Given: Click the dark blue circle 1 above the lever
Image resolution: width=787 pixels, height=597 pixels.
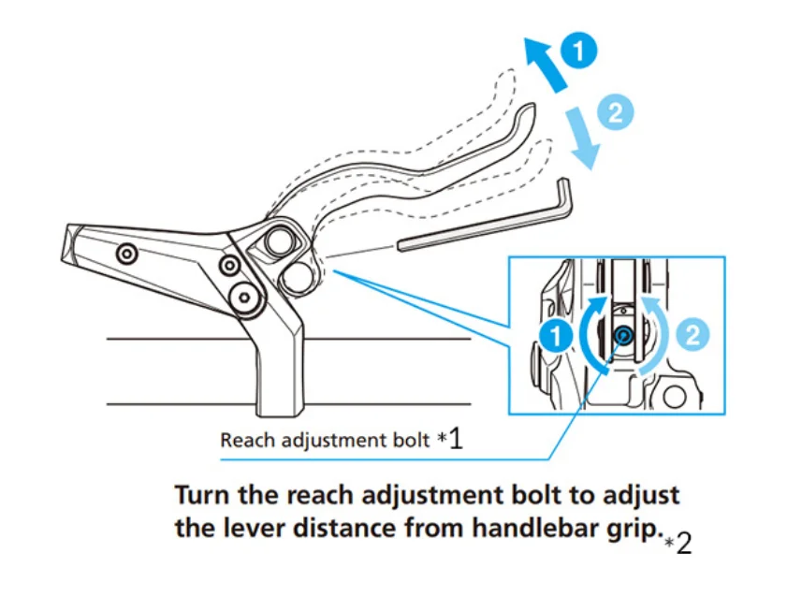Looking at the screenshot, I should [x=580, y=51].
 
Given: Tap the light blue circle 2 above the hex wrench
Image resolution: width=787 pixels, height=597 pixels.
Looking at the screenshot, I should [x=615, y=114].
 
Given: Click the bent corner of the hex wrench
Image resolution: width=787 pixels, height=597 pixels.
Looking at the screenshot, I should [x=564, y=187].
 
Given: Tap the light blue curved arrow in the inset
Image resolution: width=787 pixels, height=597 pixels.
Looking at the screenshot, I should [x=661, y=337].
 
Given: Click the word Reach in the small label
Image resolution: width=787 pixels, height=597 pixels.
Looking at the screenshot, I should [x=243, y=439].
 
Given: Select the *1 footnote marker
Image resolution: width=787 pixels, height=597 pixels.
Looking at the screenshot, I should [x=450, y=440].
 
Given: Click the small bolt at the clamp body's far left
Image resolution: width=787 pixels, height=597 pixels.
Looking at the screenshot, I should [x=125, y=253].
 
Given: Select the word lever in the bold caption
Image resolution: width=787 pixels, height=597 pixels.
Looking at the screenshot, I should [x=242, y=527].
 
